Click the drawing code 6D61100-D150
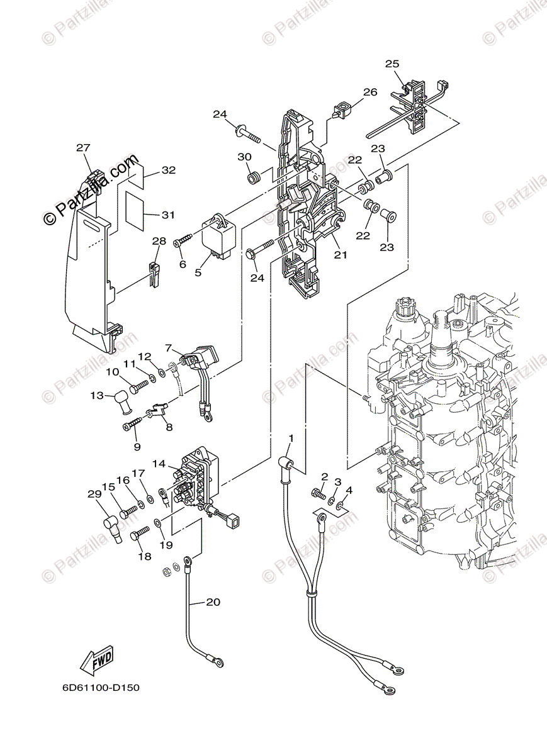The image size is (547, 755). [101, 688]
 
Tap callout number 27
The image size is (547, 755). [84, 148]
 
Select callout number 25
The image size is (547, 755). [392, 64]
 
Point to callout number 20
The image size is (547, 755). [213, 602]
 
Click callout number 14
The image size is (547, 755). [158, 464]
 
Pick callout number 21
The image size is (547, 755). [341, 255]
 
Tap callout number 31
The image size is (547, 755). [167, 215]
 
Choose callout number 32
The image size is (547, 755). [168, 170]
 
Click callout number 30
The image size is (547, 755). [244, 157]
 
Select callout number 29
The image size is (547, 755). [94, 495]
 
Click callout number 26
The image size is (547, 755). [369, 92]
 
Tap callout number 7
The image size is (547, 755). [168, 347]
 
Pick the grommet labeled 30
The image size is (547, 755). [253, 179]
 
